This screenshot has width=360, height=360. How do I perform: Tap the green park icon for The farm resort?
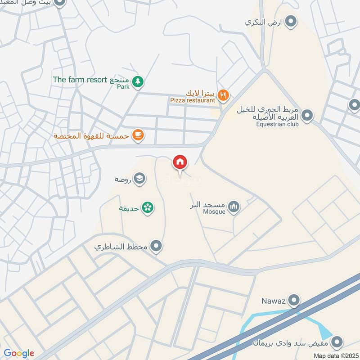click(x=139, y=81)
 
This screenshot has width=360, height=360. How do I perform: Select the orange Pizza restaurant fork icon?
click(x=223, y=95)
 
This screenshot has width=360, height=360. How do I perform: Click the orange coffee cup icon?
click(x=138, y=135)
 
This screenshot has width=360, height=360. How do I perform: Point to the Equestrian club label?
click(x=278, y=124)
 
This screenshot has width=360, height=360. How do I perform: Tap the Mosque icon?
click(x=233, y=207)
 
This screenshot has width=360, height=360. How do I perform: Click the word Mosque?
click(x=214, y=212)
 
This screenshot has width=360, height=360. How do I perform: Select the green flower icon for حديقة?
click(x=147, y=207)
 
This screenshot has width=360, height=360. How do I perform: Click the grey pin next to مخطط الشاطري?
click(x=156, y=246)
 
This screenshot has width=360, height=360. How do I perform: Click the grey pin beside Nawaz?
click(x=294, y=299)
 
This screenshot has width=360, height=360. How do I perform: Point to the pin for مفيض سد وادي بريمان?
click(x=336, y=344)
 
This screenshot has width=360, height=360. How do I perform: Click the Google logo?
click(x=19, y=353)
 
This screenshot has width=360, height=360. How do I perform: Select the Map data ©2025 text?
click(x=335, y=355)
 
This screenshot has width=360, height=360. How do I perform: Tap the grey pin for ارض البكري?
click(x=291, y=21)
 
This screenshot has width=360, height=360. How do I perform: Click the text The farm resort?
click(x=79, y=80)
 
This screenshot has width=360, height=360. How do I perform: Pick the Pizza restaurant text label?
click(x=193, y=101)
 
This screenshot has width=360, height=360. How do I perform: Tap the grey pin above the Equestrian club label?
click(x=307, y=116)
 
